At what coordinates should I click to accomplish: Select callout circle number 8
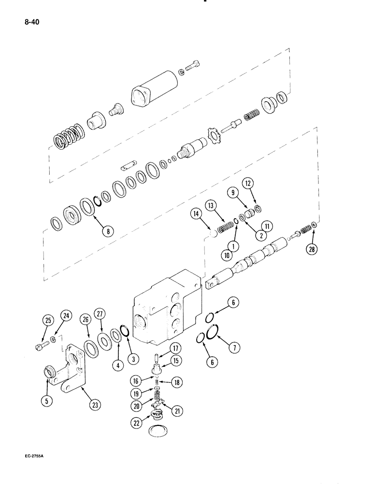(x=108, y=231)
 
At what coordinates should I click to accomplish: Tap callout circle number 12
(x=248, y=184)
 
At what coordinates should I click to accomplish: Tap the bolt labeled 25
(x=42, y=346)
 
